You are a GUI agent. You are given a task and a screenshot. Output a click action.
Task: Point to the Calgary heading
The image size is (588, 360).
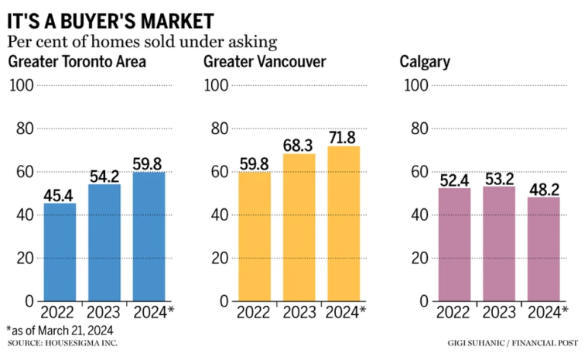tap(425, 62)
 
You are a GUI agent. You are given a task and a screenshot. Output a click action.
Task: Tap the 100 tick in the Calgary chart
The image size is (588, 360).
tap(417, 85)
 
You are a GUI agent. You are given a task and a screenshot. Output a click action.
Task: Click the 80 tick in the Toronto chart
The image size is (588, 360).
tap(21, 129)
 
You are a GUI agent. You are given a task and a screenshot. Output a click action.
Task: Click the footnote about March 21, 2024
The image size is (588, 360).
tap(60, 330)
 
